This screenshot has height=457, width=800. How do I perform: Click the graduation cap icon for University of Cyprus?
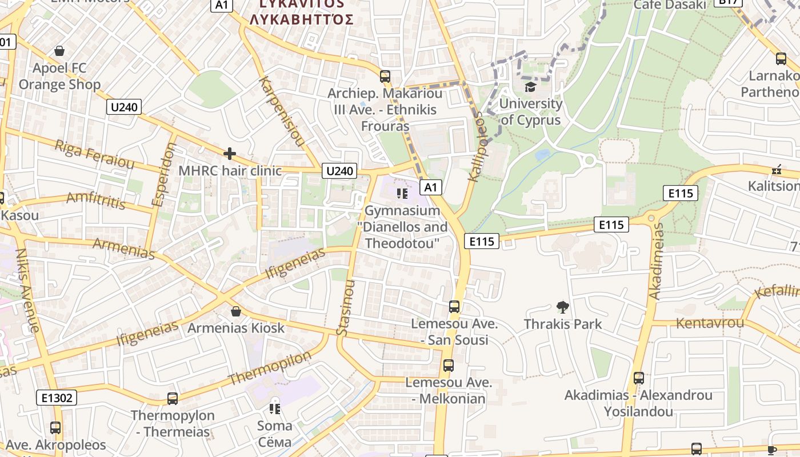[x=531, y=87]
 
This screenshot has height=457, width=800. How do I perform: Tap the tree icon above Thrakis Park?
[x=563, y=307]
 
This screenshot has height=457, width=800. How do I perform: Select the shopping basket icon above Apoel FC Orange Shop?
[x=59, y=51]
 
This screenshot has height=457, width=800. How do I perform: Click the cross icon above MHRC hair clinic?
[x=230, y=153]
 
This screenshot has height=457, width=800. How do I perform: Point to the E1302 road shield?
[x=57, y=397]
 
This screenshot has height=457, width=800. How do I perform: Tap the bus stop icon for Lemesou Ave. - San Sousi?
[x=454, y=307]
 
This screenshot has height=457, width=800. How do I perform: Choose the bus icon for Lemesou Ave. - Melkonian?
[x=449, y=366]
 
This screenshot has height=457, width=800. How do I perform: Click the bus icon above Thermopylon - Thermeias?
[x=173, y=398]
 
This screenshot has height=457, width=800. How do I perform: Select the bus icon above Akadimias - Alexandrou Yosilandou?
[x=638, y=378]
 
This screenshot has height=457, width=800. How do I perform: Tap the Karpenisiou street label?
[x=281, y=111]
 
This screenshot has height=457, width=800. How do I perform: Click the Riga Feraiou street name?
[x=94, y=155]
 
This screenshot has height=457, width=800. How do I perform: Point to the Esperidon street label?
[x=165, y=174]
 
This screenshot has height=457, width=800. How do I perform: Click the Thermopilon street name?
[x=270, y=367]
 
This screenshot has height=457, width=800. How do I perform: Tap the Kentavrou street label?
[x=710, y=323]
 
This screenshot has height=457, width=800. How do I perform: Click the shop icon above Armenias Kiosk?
[x=235, y=311]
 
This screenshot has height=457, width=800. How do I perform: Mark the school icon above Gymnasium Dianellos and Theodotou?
[x=402, y=194]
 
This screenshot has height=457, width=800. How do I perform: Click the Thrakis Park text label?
[x=563, y=324]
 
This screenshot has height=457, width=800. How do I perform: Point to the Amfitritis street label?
[x=95, y=201]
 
